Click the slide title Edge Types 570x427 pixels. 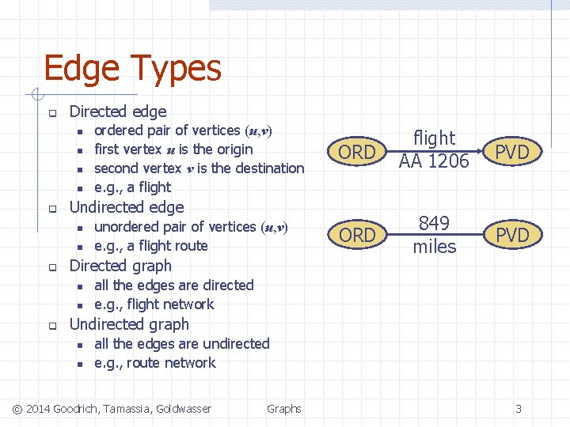coord(132,69)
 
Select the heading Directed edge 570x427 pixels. coord(118,111)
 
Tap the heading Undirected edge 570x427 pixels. coord(127,207)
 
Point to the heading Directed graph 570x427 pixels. coord(120,266)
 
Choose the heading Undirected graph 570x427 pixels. coord(129,324)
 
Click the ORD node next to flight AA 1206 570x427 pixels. coord(357,153)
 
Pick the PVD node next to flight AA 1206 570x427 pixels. coord(511,153)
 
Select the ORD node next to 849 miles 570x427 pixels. coord(357,235)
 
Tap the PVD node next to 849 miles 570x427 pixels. coord(511,235)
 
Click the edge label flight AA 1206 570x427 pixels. coord(434,149)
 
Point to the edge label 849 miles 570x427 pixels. coord(435,235)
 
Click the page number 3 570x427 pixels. coord(519,409)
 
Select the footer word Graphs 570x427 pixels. coord(283,409)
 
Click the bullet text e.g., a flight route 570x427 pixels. coord(150,246)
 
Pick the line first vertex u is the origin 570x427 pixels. coord(173,149)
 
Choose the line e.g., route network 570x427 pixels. coord(154,363)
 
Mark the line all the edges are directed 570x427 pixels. coord(173,285)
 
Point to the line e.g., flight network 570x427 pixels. coord(154,304)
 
